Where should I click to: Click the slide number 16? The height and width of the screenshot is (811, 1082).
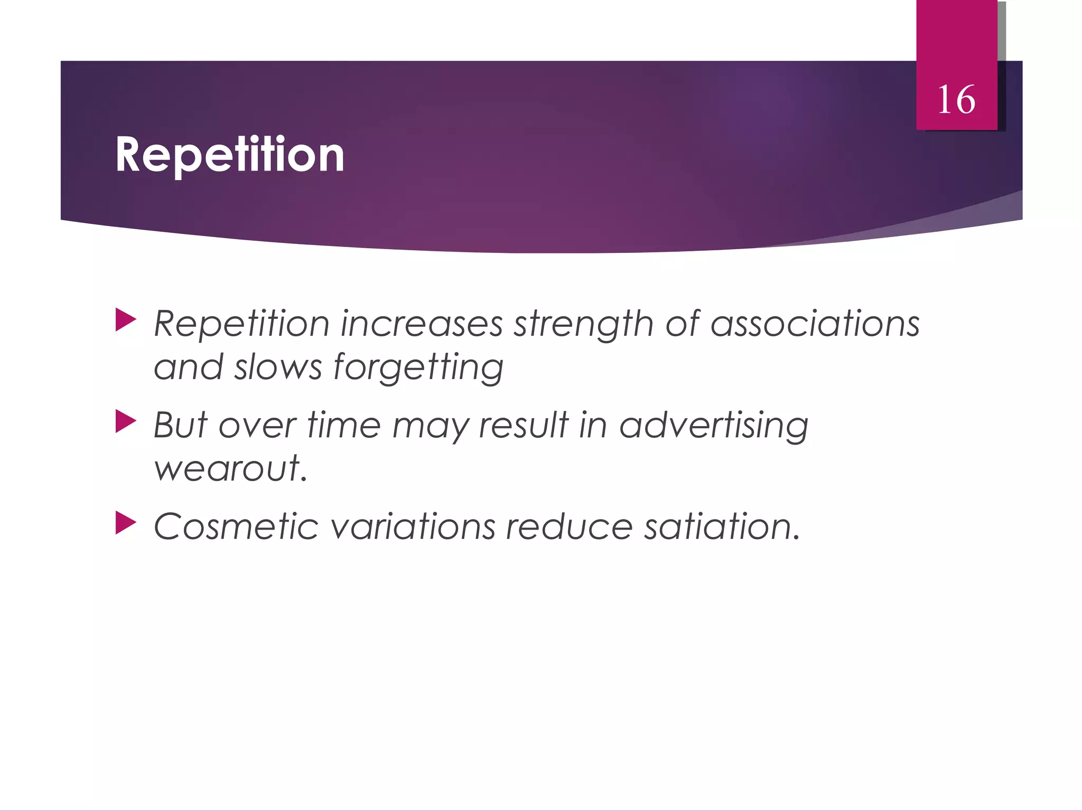coord(956,100)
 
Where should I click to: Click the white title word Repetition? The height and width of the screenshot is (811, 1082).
coord(230,155)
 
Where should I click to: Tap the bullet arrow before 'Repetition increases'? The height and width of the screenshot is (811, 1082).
coord(126,320)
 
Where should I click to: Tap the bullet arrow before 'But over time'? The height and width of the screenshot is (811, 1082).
coord(126,422)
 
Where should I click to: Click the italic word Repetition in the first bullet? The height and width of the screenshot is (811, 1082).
coord(241,324)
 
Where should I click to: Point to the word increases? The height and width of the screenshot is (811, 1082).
coord(421,324)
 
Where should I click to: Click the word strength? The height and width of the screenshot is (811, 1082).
coord(584,324)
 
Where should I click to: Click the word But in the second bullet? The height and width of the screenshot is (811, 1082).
coord(180,425)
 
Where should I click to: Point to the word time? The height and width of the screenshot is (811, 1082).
coord(343,425)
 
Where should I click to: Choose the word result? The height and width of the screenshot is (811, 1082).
coord(523,425)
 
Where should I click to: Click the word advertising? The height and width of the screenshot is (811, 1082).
coord(713,425)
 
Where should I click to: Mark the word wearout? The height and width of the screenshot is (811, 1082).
coord(230,468)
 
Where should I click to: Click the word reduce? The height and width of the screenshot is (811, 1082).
coord(569,527)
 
